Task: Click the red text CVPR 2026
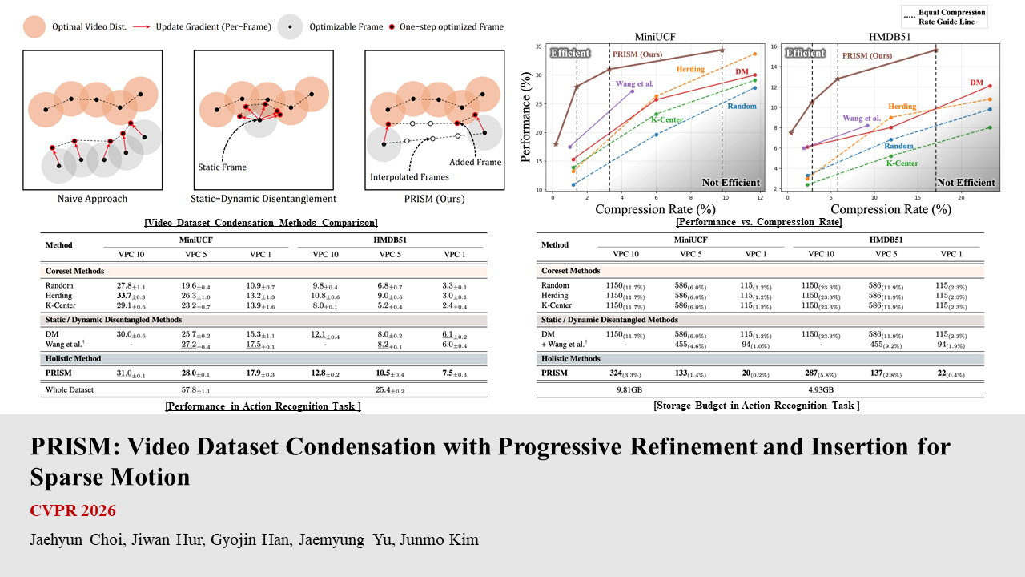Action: (x=73, y=510)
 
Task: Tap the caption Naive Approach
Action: (x=92, y=199)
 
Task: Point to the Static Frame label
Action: (x=223, y=167)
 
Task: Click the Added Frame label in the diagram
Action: (x=476, y=162)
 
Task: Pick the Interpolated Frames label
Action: (x=408, y=176)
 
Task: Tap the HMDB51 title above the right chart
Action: (x=885, y=37)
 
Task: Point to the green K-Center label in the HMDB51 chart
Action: (x=902, y=163)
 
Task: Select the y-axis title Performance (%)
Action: (x=526, y=120)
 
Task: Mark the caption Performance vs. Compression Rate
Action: (x=758, y=222)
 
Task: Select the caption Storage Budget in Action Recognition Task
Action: (x=757, y=406)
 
